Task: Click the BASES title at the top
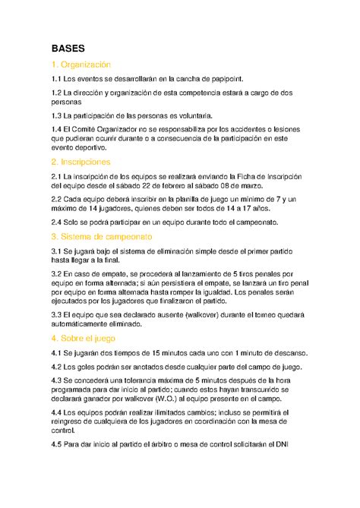(x=68, y=47)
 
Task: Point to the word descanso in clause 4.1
(x=286, y=352)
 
